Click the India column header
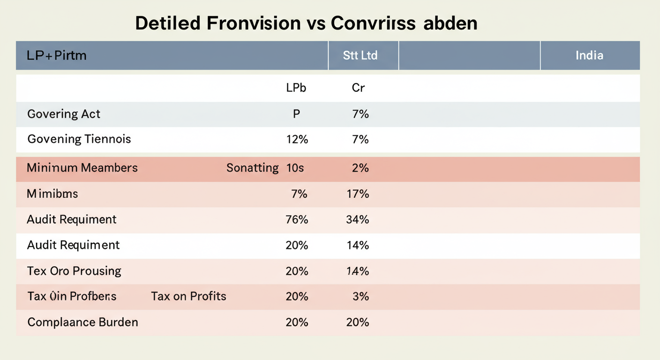(x=589, y=55)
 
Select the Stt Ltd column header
(x=360, y=55)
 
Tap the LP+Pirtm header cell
(x=57, y=55)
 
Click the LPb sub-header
(x=296, y=88)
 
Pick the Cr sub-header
(x=358, y=88)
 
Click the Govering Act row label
(x=64, y=114)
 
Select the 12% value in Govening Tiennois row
(x=297, y=139)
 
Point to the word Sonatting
(x=252, y=168)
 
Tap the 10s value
(x=295, y=168)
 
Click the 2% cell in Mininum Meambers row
(x=360, y=168)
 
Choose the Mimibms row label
(x=52, y=194)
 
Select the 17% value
(x=358, y=194)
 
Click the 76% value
(x=297, y=219)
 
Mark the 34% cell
(x=358, y=219)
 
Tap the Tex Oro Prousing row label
(x=74, y=271)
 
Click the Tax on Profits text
(x=188, y=296)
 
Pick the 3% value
(x=361, y=296)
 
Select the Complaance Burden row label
(x=82, y=322)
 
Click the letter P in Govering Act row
(x=296, y=114)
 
